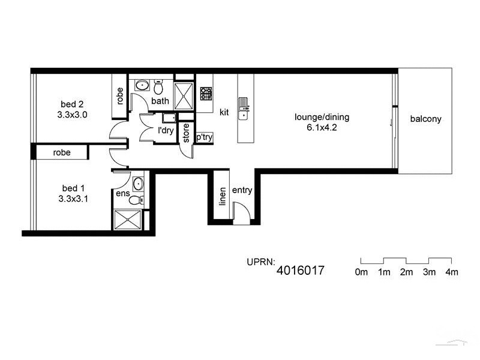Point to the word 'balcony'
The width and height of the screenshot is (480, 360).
[425, 119]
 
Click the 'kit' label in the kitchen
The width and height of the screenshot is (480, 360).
[224, 112]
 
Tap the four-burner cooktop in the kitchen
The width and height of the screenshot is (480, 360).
[206, 93]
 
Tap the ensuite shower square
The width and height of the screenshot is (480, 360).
[128, 219]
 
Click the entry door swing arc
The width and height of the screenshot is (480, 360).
[239, 211]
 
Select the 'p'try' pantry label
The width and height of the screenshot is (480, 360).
[204, 137]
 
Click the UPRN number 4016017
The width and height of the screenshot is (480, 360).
[300, 271]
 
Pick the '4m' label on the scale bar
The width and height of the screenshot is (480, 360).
[451, 272]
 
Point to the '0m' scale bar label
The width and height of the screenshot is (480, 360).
[361, 272]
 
